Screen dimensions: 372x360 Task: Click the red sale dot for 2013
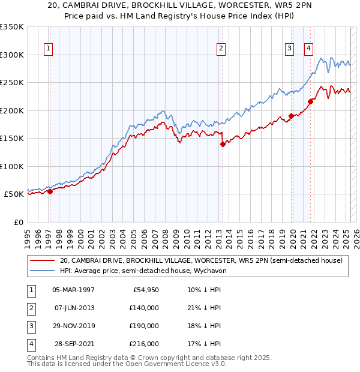(223, 144)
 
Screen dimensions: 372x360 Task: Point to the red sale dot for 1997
(50, 191)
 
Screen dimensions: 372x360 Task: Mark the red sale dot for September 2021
(310, 101)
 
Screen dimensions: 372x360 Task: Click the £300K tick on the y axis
(12, 55)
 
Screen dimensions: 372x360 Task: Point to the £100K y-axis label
(12, 166)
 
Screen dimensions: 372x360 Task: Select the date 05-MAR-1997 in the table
(73, 290)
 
